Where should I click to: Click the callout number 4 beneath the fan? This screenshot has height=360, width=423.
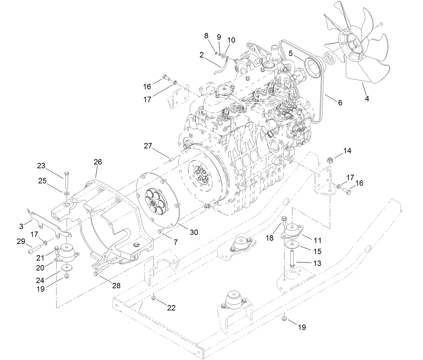click(367, 98)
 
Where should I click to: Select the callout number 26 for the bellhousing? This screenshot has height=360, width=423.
click(98, 162)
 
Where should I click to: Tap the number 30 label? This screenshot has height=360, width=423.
click(193, 232)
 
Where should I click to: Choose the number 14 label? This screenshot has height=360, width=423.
click(347, 151)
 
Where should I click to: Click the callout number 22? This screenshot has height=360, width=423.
click(171, 308)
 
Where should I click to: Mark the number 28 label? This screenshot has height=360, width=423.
click(116, 285)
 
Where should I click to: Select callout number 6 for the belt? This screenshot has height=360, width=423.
click(340, 103)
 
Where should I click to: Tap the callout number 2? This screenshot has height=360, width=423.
click(201, 55)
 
